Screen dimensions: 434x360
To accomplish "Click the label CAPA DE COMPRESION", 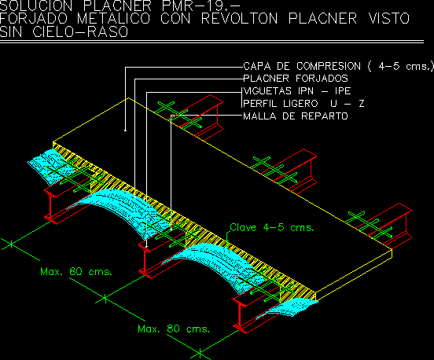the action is click(x=302, y=66).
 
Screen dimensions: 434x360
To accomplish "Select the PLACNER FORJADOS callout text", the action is click(x=296, y=79).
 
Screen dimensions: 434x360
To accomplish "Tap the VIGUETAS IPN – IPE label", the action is click(x=297, y=91).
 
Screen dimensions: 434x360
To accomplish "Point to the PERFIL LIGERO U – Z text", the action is click(x=303, y=104).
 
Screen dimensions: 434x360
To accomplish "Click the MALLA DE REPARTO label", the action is click(x=296, y=116).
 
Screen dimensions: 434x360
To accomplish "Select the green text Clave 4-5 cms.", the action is click(x=272, y=227).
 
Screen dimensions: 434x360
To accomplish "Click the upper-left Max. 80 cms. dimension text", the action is click(x=76, y=271).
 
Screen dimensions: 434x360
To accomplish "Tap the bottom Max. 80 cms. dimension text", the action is click(x=174, y=329).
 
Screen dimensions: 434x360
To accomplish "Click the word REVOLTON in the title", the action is click(x=240, y=19).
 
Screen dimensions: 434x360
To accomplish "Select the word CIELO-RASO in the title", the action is click(x=80, y=31).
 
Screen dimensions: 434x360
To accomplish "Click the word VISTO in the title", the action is click(x=389, y=19).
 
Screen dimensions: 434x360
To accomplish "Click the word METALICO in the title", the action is click(x=114, y=19).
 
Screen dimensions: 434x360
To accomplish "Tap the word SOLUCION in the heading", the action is click(x=36, y=6).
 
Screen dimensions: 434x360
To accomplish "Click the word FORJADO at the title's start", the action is click(x=34, y=19).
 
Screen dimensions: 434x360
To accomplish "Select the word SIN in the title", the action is click(x=11, y=31).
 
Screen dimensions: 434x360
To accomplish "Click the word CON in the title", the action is click(x=176, y=19).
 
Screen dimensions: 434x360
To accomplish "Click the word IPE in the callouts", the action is click(x=343, y=91).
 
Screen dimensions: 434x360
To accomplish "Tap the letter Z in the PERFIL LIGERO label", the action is click(x=362, y=104).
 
